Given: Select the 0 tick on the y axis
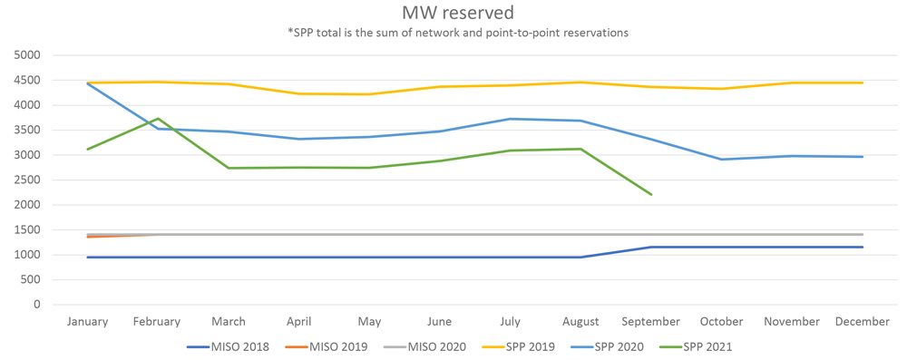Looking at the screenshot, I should click(37, 305).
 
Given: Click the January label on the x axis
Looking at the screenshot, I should click(87, 322).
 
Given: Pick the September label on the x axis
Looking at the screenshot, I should click(651, 322).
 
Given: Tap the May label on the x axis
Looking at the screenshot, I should click(369, 322).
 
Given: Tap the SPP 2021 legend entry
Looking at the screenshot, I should click(708, 346).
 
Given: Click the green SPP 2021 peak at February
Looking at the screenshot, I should click(158, 119).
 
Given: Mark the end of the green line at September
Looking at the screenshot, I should click(651, 194).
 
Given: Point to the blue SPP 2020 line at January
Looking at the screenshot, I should click(87, 83).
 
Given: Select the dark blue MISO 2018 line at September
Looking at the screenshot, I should click(651, 248).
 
